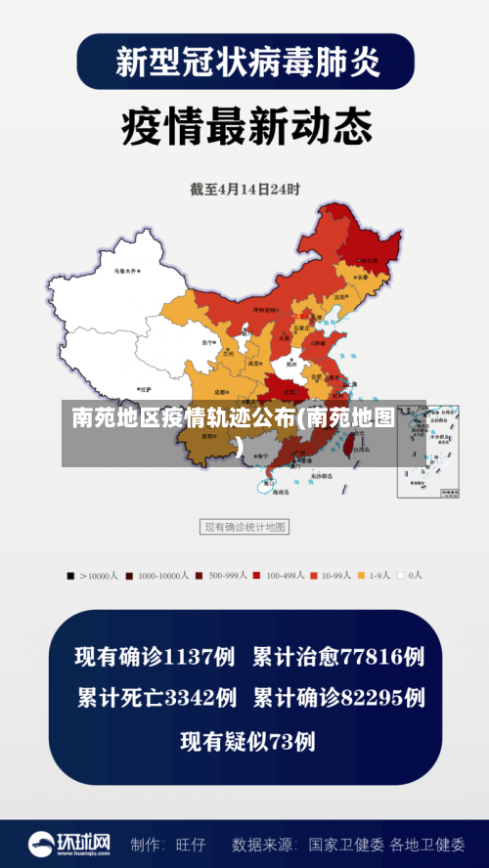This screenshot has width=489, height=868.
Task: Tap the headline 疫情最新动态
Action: pyautogui.click(x=245, y=126)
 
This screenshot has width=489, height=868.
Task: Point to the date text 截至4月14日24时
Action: pyautogui.click(x=244, y=190)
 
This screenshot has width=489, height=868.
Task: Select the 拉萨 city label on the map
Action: pyautogui.click(x=146, y=388)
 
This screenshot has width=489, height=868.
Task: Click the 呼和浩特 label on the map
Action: pyautogui.click(x=266, y=309)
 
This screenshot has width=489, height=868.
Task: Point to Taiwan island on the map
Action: pyautogui.click(x=345, y=446)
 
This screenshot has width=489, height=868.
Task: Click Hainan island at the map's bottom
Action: pyautogui.click(x=268, y=483)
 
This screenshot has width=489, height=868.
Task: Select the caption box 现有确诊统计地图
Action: pyautogui.click(x=244, y=527)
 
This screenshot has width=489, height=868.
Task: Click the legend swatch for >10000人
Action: pyautogui.click(x=70, y=576)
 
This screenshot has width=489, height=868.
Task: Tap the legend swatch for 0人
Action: pyautogui.click(x=400, y=576)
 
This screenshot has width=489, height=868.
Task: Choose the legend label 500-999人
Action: pyautogui.click(x=230, y=576)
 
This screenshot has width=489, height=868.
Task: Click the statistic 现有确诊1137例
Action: pyautogui.click(x=156, y=656)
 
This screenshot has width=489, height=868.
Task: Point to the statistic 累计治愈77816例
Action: pyautogui.click(x=338, y=656)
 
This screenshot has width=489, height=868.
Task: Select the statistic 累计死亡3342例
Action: pyautogui.click(x=156, y=698)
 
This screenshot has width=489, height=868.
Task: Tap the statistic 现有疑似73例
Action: pyautogui.click(x=247, y=741)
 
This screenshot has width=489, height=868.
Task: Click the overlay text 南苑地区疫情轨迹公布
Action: pyautogui.click(x=182, y=419)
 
